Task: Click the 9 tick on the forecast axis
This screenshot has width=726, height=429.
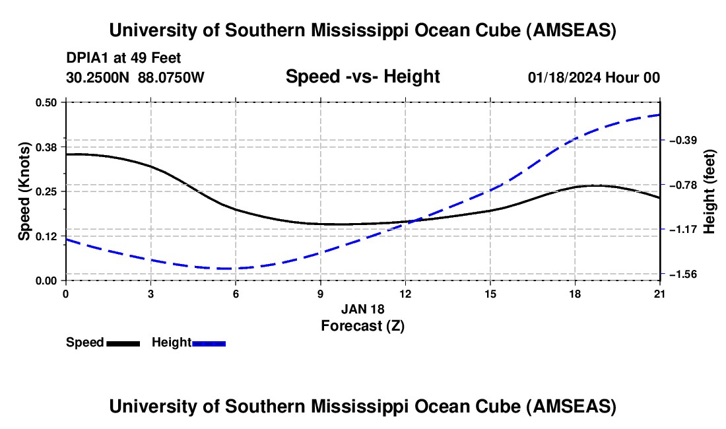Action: tap(320, 294)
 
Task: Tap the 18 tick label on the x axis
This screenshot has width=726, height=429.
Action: tap(575, 294)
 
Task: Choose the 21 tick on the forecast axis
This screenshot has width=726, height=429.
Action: tap(660, 294)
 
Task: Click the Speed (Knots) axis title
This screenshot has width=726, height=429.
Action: tap(24, 191)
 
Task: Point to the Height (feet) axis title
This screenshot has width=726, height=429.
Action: tap(709, 191)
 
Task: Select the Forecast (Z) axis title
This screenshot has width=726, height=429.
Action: tap(362, 325)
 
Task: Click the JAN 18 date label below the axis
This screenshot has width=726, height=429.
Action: tap(362, 309)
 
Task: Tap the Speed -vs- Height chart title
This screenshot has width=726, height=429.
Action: tap(362, 77)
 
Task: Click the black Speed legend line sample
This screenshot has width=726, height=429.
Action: tap(123, 343)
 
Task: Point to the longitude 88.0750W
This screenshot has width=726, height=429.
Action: tap(172, 77)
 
